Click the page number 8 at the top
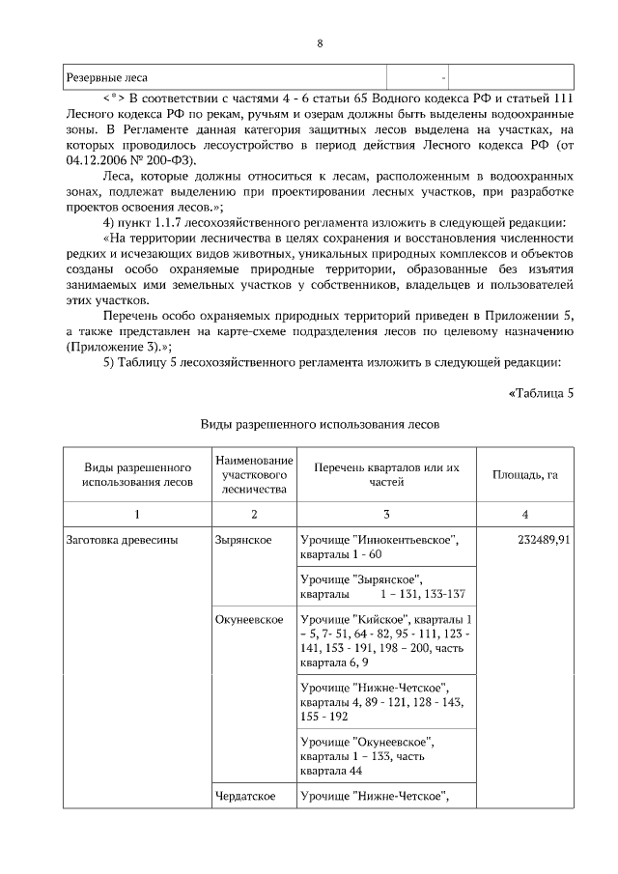(x=320, y=43)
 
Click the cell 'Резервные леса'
(x=106, y=76)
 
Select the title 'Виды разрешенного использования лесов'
(x=320, y=424)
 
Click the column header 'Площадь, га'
(x=525, y=474)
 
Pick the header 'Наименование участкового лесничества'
(x=253, y=474)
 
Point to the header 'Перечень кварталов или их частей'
(x=386, y=474)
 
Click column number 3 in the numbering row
(x=386, y=514)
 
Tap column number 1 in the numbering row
(x=137, y=514)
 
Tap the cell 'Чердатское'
(x=245, y=796)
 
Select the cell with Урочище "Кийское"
(x=386, y=640)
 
